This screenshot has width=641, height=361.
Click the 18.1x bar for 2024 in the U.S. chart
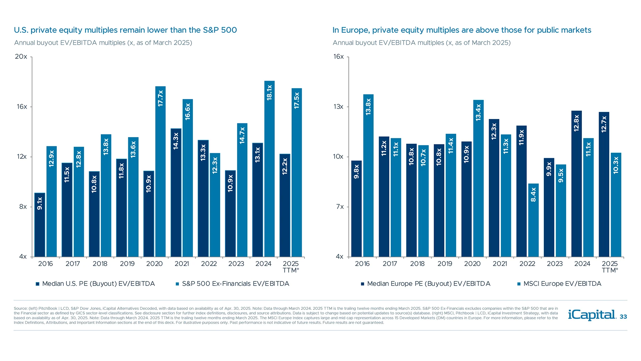[269, 169]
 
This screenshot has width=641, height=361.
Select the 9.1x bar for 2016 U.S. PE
[40, 225]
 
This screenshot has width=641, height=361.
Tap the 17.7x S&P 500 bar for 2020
[160, 171]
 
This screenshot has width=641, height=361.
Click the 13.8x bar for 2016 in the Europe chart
[368, 175]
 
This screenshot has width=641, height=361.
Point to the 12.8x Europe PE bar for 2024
[576, 184]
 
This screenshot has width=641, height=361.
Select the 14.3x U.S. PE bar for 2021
[176, 193]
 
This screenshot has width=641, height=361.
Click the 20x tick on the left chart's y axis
[21, 56]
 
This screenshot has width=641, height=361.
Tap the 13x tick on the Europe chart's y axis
[338, 107]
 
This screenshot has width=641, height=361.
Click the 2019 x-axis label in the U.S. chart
[127, 264]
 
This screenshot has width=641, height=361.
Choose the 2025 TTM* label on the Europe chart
[610, 267]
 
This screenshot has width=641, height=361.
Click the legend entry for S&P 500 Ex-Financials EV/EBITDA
[235, 284]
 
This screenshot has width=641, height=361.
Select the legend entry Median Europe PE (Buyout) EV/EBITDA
[429, 284]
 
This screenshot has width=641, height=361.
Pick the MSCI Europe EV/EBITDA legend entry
[562, 284]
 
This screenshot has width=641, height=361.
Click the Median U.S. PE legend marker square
[38, 284]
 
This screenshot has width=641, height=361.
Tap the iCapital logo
[592, 315]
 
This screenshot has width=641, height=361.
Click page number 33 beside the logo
[623, 317]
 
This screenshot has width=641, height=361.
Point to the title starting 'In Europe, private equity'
[462, 30]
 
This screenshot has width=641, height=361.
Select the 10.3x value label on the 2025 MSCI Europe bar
[616, 165]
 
